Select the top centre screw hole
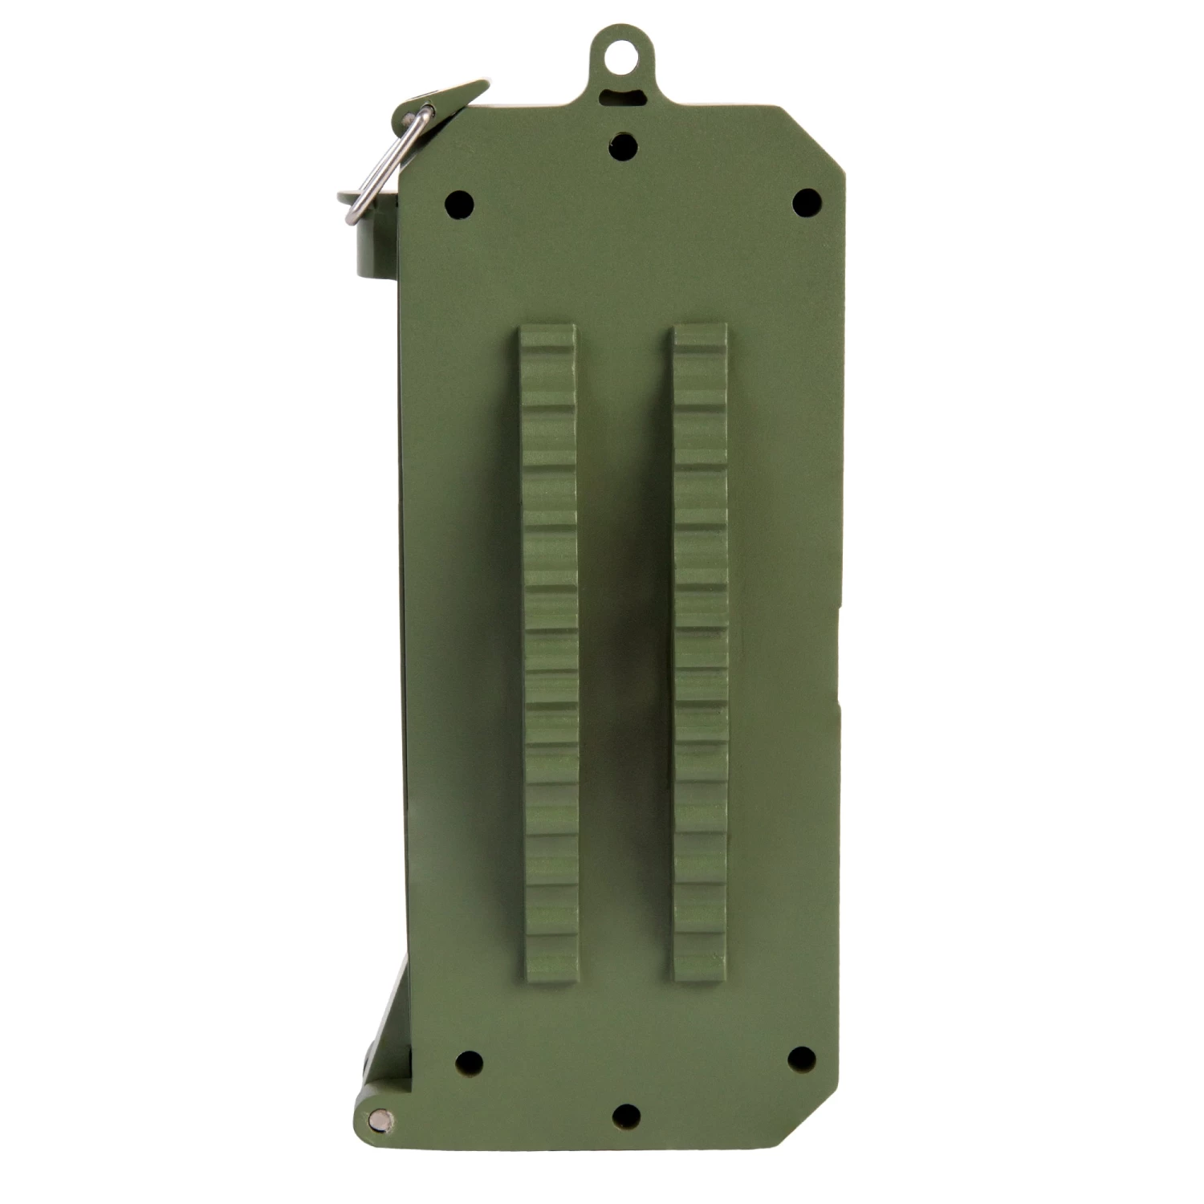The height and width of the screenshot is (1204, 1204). pos(622,146)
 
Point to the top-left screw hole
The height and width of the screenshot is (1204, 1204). pos(460,201)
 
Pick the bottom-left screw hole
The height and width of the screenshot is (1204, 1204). pos(468,1064)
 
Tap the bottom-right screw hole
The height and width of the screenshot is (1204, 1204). pos(800,1059)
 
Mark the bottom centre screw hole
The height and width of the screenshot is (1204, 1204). pos(626,1116)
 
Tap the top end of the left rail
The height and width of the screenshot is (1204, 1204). pos(547,333)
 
